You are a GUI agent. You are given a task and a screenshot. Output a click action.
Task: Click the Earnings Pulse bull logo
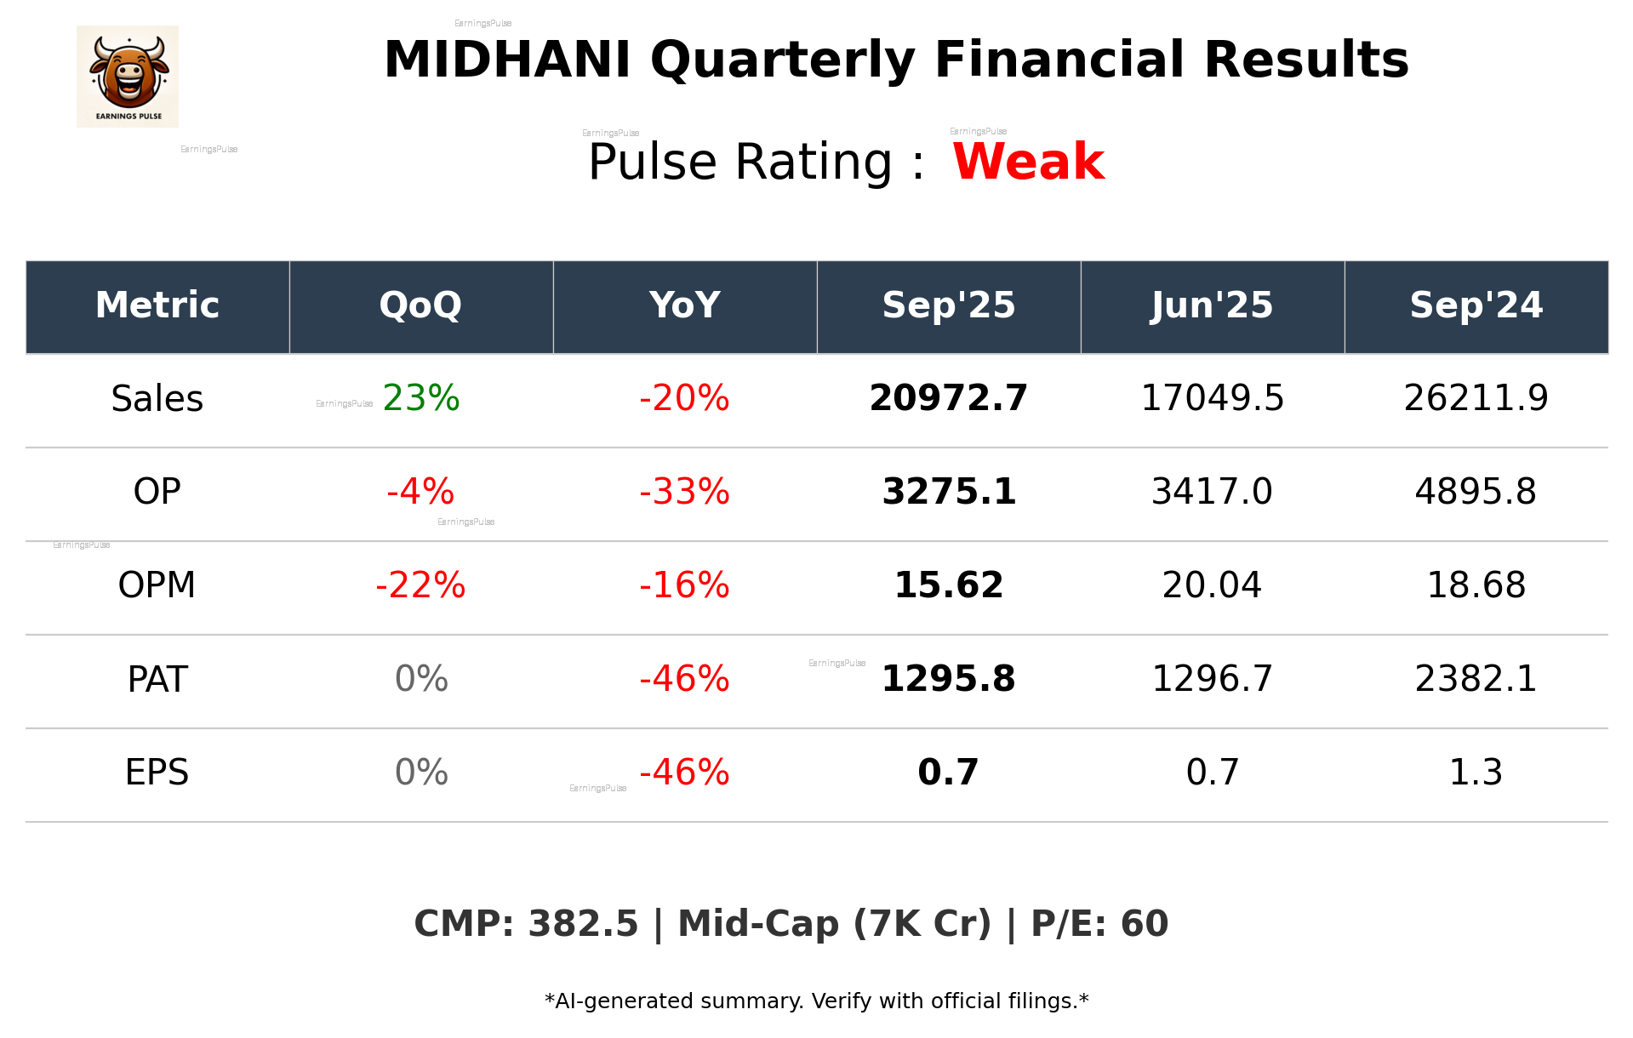128,77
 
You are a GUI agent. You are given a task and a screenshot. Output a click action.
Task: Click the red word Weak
1028,162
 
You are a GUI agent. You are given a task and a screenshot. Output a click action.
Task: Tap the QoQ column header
420,305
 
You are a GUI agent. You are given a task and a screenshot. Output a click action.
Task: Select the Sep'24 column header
1476,305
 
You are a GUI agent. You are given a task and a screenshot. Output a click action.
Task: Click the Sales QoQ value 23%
421,398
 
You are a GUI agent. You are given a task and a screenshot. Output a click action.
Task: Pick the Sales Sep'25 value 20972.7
948,398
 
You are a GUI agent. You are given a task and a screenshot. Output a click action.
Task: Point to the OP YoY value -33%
684,492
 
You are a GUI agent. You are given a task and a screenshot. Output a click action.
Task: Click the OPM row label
157,585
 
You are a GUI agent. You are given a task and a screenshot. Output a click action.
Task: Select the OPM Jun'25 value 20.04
1212,585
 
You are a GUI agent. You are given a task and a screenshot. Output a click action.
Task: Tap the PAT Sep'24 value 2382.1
1476,679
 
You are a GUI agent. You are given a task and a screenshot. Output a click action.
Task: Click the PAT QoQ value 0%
421,679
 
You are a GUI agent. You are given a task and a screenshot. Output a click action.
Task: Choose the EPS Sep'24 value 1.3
1476,773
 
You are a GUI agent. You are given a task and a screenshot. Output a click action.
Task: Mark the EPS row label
157,773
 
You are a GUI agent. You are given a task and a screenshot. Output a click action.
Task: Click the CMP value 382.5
583,924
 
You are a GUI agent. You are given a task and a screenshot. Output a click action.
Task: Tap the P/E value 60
1144,924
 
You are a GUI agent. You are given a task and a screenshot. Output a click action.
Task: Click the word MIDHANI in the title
507,60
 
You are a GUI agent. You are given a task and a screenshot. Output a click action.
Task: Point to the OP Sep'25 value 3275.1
948,492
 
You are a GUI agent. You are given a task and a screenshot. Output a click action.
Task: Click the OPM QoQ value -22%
420,585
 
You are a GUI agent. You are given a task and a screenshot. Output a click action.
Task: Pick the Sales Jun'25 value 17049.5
1212,398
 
